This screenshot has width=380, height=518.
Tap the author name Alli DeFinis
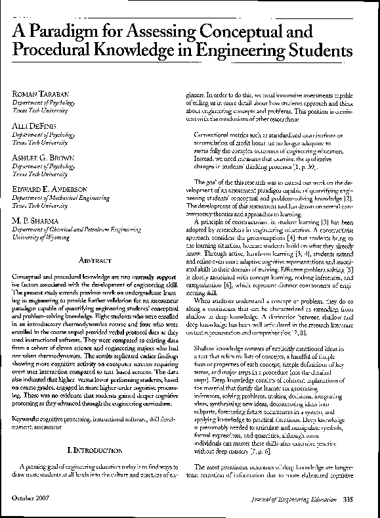click(x=33, y=124)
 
